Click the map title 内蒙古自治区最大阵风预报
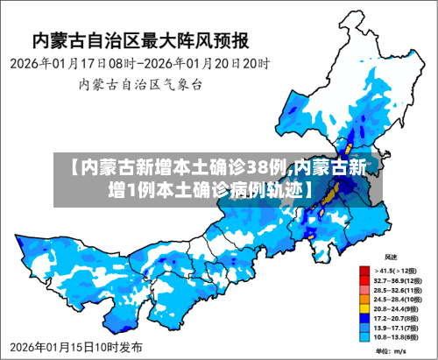[x=140, y=40]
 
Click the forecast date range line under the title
[x=140, y=65]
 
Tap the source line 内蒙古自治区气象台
[x=140, y=85]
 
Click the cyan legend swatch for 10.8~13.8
[x=364, y=335]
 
